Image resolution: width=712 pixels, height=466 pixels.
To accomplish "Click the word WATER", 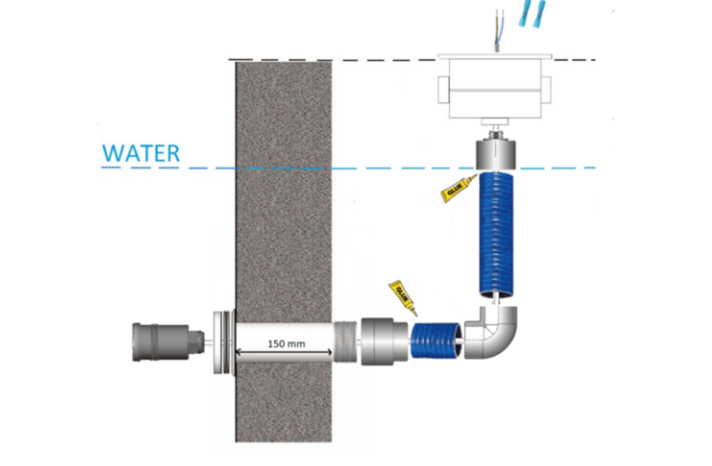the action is [x=140, y=153].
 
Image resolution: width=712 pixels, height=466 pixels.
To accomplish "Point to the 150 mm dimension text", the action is [x=286, y=344].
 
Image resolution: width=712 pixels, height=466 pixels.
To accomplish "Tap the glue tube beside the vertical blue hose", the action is [x=458, y=188].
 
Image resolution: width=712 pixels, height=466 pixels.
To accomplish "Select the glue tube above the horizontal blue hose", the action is [x=403, y=298].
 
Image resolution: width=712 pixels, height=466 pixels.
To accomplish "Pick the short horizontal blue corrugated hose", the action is [x=436, y=340].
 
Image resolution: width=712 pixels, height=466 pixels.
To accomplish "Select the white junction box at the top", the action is [x=495, y=86].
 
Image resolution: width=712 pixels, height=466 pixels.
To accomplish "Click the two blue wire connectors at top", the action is [x=531, y=13].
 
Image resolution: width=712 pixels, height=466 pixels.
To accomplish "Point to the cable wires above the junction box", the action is [x=499, y=30].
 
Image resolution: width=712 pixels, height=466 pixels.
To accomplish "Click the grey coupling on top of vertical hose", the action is [x=495, y=155].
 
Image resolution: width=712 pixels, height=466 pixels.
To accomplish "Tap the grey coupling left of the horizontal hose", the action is [x=384, y=342].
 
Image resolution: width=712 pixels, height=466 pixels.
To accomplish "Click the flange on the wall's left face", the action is [x=225, y=342].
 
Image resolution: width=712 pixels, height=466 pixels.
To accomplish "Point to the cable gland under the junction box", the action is [x=495, y=129].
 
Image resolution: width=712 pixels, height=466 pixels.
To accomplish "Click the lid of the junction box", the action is [x=495, y=57].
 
